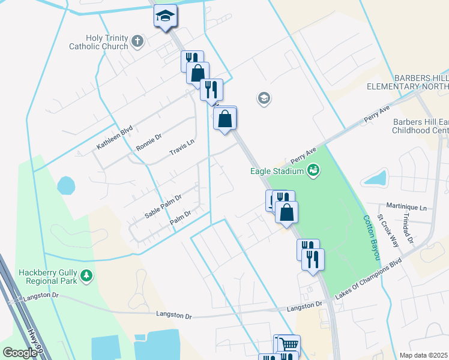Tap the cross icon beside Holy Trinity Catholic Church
click(x=137, y=42)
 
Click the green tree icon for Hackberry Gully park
click(x=88, y=275)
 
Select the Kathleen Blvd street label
click(x=114, y=139)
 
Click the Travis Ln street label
click(x=182, y=146)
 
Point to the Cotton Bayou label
click(x=370, y=238)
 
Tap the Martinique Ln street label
click(x=406, y=207)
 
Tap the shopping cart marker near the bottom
click(x=289, y=345)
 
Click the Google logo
click(x=20, y=353)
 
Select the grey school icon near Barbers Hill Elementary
click(x=264, y=98)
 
